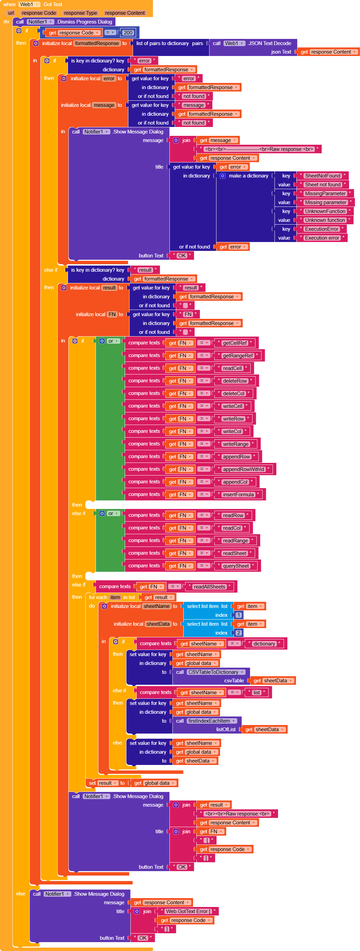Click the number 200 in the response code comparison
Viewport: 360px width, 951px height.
[128, 32]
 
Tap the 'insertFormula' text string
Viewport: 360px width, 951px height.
[238, 495]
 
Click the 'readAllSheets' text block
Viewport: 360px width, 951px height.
[209, 587]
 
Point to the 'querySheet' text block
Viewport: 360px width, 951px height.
[236, 566]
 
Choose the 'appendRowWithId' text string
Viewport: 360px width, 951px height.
[244, 469]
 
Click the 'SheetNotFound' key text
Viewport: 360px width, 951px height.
[322, 176]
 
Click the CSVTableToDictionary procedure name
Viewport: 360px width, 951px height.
[213, 672]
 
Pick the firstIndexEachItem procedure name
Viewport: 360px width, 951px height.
[209, 721]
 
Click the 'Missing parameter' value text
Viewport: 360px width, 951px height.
[326, 202]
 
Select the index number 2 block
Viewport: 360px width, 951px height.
[239, 633]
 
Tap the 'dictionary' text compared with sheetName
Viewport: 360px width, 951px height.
[264, 644]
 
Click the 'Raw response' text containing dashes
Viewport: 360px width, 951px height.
[259, 149]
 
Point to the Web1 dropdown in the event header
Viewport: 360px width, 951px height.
[29, 4]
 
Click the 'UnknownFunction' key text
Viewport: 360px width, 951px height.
[325, 211]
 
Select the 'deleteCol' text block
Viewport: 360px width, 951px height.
[234, 394]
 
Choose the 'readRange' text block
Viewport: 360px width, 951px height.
[235, 541]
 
